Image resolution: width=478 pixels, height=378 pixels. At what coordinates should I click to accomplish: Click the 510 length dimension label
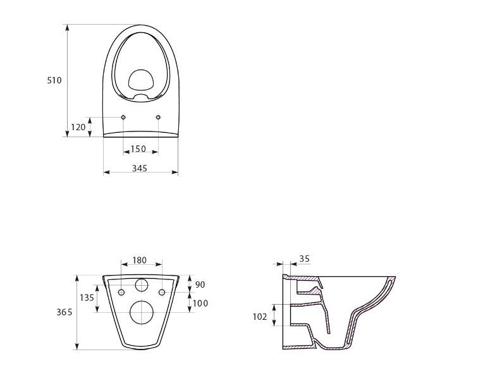coord(54,80)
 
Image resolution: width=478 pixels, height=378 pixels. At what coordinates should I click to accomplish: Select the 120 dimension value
coord(78,127)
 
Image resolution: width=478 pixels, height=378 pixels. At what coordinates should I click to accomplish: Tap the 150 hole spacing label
coord(138,149)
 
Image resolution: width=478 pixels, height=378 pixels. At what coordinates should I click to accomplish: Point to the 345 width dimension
coord(140,168)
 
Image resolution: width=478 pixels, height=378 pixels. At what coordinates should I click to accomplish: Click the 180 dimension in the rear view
coord(139,260)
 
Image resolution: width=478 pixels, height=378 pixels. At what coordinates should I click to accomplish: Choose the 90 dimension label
coord(200,284)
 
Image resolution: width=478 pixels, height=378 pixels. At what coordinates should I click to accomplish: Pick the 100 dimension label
coord(200,303)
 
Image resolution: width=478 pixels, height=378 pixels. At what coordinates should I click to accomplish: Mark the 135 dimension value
coord(87,298)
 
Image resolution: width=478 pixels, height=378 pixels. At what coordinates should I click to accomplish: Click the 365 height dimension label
coord(64,312)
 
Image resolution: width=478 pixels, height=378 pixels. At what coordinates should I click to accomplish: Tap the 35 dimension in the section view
coord(304,259)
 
